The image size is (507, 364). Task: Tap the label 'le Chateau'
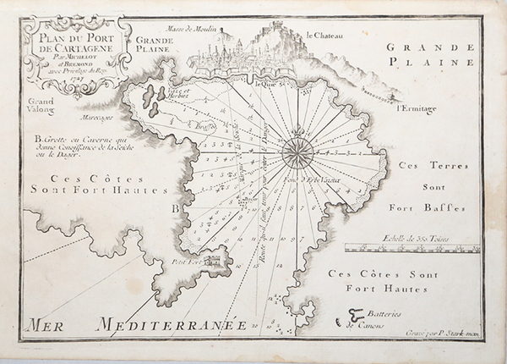point(324,36)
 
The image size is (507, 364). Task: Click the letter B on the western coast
point(174,207)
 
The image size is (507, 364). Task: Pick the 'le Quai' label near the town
point(264,83)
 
